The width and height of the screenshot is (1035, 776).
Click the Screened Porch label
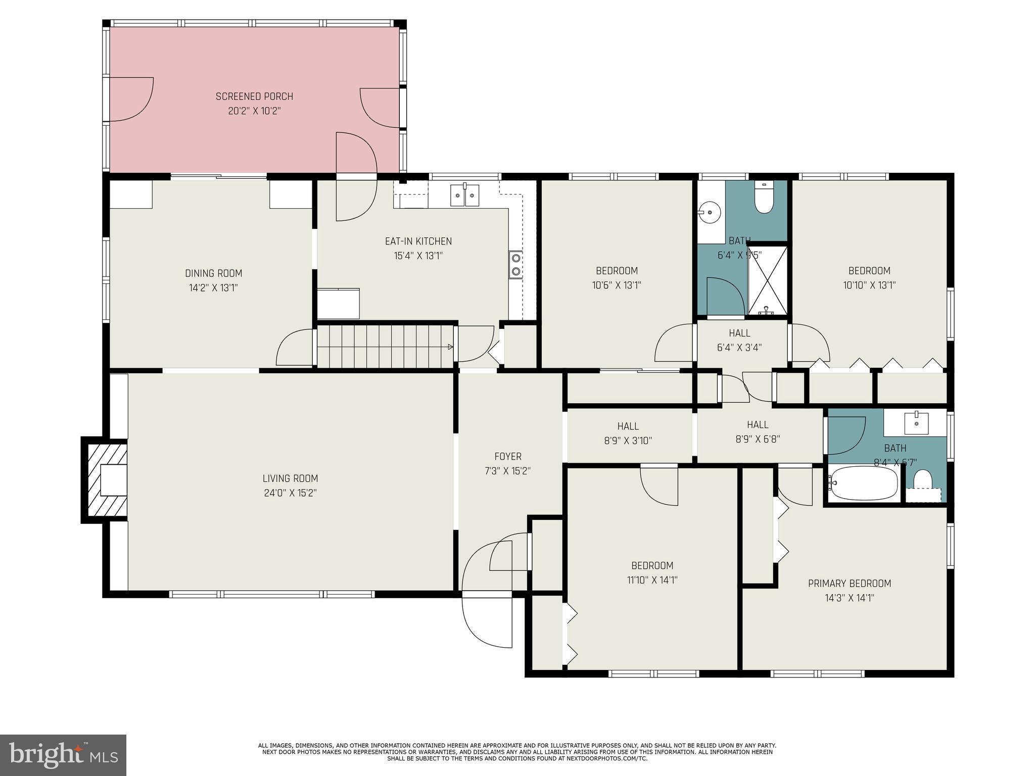(254, 96)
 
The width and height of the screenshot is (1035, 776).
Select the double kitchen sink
(464, 195)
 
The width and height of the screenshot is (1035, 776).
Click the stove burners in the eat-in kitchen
(515, 264)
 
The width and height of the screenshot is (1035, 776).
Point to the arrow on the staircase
(449, 347)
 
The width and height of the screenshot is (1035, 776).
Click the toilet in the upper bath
(764, 198)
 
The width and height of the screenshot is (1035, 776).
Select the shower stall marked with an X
(767, 280)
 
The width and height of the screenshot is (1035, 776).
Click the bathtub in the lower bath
(863, 483)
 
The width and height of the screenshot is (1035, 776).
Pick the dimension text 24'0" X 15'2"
(290, 493)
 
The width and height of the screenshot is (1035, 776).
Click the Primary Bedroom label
(849, 584)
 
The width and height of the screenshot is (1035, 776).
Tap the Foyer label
(507, 457)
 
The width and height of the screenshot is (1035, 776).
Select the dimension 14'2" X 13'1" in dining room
(213, 288)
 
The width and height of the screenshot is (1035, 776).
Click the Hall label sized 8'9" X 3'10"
(628, 426)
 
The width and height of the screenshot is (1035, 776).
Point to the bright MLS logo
(63, 755)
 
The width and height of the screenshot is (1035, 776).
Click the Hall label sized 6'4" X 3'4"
(739, 333)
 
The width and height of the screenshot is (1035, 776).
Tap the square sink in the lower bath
(916, 423)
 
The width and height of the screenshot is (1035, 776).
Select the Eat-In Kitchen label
(418, 241)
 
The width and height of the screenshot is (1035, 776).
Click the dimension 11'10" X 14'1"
(652, 580)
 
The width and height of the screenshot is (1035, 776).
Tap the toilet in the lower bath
(923, 480)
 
